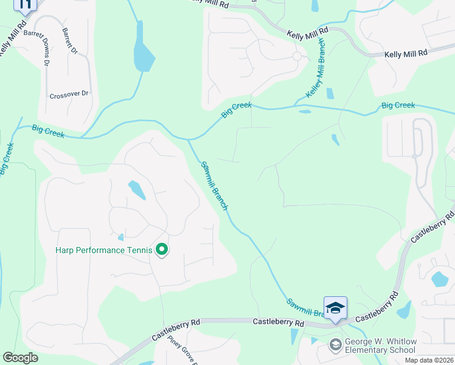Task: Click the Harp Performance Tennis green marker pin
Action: point(162,250)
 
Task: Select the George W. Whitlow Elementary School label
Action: point(380,346)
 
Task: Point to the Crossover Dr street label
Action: point(69,95)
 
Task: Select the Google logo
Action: point(20,358)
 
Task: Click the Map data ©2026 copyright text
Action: point(429,360)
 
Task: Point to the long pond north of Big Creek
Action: point(144,47)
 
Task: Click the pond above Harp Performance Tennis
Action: point(137,190)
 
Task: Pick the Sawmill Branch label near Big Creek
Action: point(214,186)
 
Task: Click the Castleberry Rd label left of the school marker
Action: point(277,321)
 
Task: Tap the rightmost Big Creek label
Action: point(398,106)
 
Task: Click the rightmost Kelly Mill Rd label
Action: point(406,54)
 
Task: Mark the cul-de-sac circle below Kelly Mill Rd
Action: point(297,56)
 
